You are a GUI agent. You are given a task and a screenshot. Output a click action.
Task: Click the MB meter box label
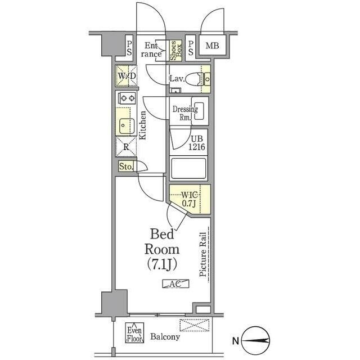tap(212, 46)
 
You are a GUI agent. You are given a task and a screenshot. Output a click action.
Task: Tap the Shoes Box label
tap(176, 51)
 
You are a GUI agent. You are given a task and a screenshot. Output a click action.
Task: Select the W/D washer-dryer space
tap(127, 76)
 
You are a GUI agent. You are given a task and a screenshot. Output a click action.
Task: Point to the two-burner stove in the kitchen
tap(127, 98)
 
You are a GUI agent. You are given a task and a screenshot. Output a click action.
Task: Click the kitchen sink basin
tap(126, 126)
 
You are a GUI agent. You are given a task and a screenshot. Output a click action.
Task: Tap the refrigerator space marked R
tap(126, 147)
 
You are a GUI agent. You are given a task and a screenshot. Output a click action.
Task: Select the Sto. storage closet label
tap(126, 166)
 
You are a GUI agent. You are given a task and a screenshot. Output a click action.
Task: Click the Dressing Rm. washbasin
tap(199, 111)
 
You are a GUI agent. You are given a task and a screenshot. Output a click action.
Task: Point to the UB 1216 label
tap(197, 143)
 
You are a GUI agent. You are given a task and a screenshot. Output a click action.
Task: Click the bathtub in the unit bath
tap(188, 168)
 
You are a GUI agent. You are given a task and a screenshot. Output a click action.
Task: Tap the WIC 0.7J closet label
tap(190, 199)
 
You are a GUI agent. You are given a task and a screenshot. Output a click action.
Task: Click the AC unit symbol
tap(175, 283)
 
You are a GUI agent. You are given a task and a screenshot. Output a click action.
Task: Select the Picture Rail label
tap(202, 255)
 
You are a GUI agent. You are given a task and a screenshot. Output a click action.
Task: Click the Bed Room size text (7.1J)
tap(162, 264)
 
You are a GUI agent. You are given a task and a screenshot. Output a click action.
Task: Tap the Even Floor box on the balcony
tap(134, 333)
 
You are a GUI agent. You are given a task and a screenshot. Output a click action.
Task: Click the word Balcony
tap(165, 337)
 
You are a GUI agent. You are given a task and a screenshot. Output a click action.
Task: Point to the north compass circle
tap(255, 341)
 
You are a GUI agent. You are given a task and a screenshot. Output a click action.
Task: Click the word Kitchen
tap(142, 125)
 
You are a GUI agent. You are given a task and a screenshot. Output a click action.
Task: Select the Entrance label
tap(151, 50)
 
